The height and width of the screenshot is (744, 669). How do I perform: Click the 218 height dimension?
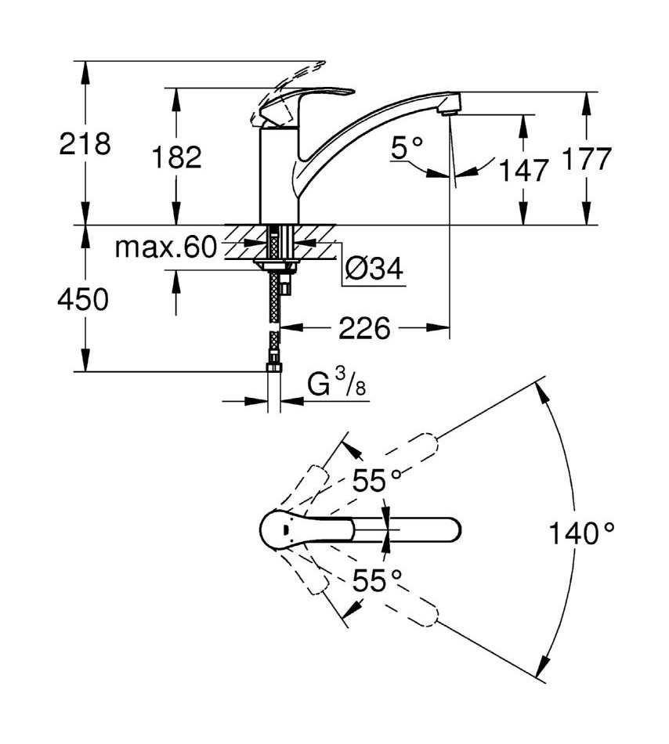[85, 143]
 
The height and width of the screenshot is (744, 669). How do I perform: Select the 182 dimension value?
[176, 157]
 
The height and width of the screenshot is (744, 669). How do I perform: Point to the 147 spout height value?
[524, 170]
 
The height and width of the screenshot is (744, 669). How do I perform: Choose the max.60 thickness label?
[166, 247]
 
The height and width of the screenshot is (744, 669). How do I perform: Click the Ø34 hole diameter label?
[374, 269]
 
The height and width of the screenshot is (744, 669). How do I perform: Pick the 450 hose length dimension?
[83, 300]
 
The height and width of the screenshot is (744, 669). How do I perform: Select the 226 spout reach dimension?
[364, 328]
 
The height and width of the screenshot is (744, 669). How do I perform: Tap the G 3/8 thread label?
[337, 382]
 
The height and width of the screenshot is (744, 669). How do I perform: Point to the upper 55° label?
[377, 481]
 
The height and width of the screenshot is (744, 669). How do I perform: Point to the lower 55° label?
[377, 580]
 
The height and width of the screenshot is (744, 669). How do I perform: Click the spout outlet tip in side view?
[448, 112]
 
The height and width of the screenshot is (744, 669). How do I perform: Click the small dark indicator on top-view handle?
[286, 529]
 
